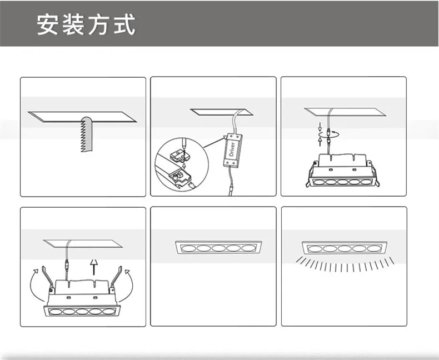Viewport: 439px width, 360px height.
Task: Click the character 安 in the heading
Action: pyautogui.click(x=47, y=24)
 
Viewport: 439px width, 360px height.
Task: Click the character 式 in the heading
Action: pyautogui.click(x=124, y=24)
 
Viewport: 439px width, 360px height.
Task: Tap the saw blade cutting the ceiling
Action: pyautogui.click(x=87, y=134)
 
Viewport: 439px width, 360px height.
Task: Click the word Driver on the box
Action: pyautogui.click(x=232, y=149)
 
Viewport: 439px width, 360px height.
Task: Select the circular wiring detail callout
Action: pyautogui.click(x=182, y=164)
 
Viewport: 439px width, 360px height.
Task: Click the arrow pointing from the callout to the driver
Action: pyautogui.click(x=214, y=142)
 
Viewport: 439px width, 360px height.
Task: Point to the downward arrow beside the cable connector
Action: pyautogui.click(x=320, y=127)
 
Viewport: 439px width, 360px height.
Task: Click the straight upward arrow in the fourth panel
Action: pyautogui.click(x=94, y=267)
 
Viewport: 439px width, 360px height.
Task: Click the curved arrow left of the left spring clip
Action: pyautogui.click(x=33, y=285)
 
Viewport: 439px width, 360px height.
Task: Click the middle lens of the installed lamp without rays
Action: pyautogui.click(x=218, y=248)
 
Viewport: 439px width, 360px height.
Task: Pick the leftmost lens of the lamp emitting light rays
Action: pyautogui.click(x=315, y=248)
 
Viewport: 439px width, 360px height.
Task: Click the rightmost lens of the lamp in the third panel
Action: pyautogui.click(x=366, y=182)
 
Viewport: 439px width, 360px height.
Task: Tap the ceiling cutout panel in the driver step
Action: pyautogui.click(x=222, y=112)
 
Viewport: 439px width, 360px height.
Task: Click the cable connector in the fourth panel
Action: pyautogui.click(x=67, y=264)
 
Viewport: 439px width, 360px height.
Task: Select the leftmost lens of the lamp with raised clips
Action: pyautogui.click(x=56, y=312)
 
